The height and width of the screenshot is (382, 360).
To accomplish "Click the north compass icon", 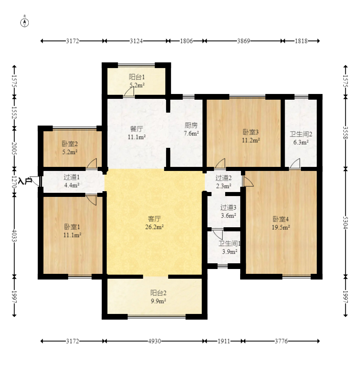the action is pos(24,22).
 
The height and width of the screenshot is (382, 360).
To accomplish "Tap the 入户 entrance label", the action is pos(25,181).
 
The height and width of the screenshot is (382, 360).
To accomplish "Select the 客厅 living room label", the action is pos(154,219).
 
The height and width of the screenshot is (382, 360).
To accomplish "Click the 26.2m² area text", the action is pos(154,227).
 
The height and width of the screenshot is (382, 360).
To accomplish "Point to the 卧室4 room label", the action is pos(281,219).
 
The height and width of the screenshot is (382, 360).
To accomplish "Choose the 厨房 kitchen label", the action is pos(191,125).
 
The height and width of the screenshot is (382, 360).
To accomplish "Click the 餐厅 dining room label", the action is pos(136,129).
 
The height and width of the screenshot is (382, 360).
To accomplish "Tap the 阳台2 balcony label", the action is pos(158,293).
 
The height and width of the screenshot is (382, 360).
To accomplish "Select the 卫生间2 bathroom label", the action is pos(301,134).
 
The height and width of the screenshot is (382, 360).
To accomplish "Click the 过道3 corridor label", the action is pos(228,207).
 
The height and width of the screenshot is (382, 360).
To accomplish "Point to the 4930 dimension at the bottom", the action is pos(154,341).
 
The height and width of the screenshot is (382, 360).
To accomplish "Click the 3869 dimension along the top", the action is pos(243,41).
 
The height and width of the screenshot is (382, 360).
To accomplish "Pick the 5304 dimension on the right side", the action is pos(345,223).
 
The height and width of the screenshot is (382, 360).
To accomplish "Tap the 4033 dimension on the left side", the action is pos(14,236).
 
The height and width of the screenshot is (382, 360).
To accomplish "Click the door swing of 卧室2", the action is pos(92,163).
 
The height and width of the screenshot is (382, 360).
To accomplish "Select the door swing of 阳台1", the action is pos(129,92).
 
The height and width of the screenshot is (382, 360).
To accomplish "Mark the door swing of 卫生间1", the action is pos(217,234).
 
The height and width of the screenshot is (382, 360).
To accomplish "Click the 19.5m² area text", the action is pos(281,227).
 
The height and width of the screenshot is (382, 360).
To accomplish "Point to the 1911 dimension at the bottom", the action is pos(224,341).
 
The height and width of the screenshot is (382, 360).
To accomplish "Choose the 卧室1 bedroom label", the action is pos(72,227).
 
